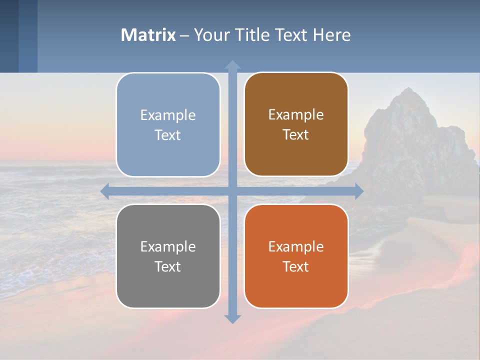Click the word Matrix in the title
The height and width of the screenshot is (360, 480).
coord(148,35)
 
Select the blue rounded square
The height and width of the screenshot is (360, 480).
coord(168,90)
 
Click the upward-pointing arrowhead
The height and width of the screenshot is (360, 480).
coord(232,65)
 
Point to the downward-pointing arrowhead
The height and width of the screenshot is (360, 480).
coord(232,318)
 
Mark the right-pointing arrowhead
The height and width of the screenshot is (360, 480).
coord(358,191)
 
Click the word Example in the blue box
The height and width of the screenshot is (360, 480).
coord(168,115)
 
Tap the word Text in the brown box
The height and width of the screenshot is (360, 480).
coord(296,135)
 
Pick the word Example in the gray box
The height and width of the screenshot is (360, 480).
coord(168,246)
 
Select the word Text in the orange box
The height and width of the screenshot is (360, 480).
coord(296,266)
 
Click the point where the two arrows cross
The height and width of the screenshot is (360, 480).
coord(232,191)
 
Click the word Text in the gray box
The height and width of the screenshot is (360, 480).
coord(168,266)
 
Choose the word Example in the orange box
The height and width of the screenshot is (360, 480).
coord(296,246)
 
